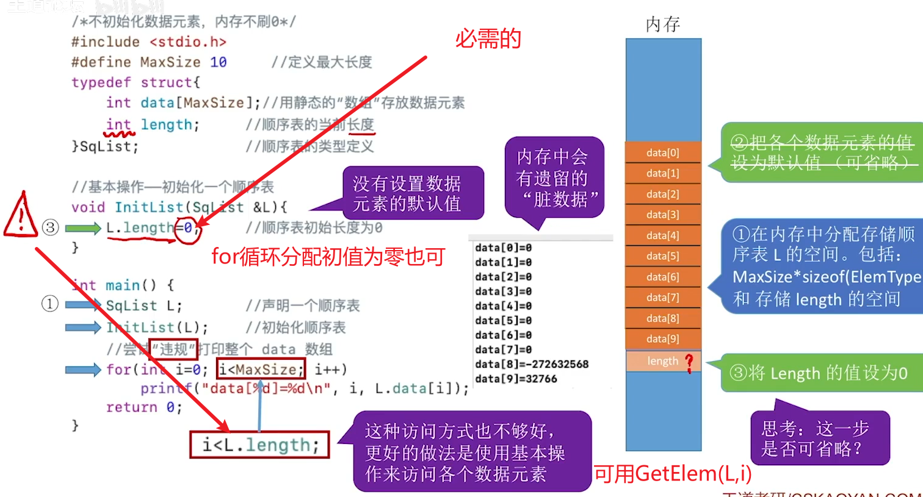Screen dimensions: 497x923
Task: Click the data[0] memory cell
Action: tap(663, 152)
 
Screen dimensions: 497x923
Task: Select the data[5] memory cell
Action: tap(663, 256)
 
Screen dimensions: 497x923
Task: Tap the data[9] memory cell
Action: tap(663, 339)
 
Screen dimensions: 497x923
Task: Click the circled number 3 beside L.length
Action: tap(50, 228)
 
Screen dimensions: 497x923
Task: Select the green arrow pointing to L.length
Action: tap(83, 228)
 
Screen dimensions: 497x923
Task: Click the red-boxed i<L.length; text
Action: tap(259, 445)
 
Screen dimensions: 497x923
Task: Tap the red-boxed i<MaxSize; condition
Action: tap(261, 369)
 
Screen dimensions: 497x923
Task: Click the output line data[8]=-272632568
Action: tap(532, 364)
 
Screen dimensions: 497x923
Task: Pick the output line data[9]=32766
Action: tap(516, 379)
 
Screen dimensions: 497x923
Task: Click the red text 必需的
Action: tap(488, 39)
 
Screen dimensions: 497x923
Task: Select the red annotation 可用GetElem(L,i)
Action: tap(673, 473)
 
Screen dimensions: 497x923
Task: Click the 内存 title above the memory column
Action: tap(663, 24)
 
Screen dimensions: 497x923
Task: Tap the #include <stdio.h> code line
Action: tap(148, 42)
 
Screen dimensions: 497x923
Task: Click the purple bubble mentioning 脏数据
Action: tap(554, 178)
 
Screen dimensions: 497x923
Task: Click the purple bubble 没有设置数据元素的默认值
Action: tap(407, 193)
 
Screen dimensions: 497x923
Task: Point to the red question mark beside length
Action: tap(690, 362)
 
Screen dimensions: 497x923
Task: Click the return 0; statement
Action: tap(144, 407)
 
